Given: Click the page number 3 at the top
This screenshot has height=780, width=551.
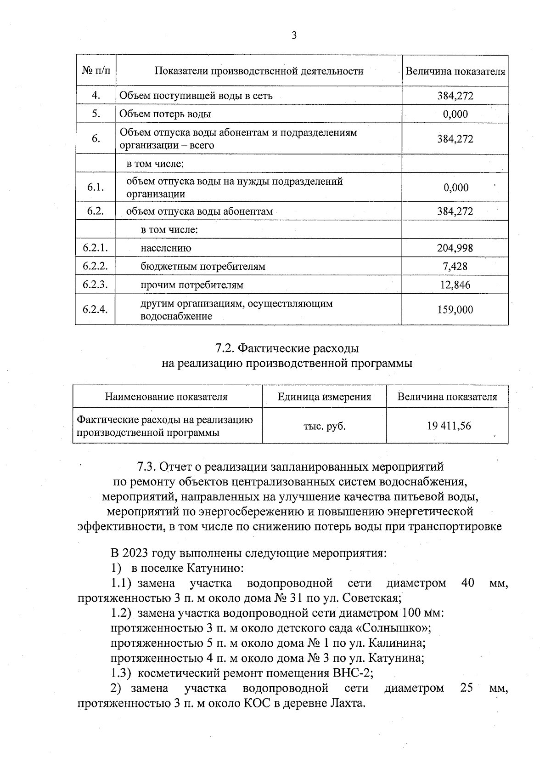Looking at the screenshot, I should point(293,35).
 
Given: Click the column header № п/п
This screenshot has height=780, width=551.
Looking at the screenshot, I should point(96,71).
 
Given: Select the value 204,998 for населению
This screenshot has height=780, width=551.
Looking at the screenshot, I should point(455,248).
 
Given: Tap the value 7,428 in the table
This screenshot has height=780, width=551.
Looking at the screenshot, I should point(455,267).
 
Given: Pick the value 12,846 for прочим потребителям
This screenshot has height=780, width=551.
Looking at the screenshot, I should point(455,285).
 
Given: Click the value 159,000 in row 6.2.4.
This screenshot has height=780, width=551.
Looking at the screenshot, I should point(455,310).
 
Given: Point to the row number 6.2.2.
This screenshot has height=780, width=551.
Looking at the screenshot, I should point(96,266).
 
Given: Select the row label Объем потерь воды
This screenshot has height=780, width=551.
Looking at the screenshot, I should point(165,114).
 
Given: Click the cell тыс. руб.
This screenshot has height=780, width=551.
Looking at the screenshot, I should point(324,426).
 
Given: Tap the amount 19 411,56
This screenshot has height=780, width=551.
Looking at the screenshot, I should point(449,426).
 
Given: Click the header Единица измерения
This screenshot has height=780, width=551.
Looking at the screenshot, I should point(324,397).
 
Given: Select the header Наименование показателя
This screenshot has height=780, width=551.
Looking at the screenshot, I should point(166,397).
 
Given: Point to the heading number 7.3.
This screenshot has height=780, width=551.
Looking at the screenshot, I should point(147,467).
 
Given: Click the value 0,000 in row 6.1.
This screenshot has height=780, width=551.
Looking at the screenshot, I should point(455,188).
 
